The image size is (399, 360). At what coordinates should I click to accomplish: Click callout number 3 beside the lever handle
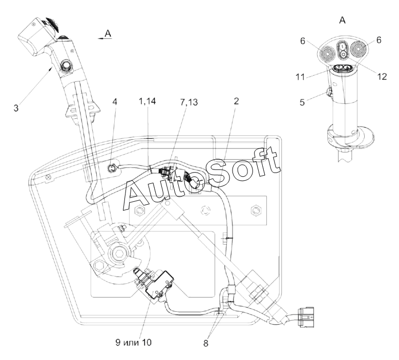pos(16,108)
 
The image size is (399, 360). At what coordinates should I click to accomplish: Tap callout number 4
pos(115,102)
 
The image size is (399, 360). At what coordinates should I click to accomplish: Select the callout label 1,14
pos(147,101)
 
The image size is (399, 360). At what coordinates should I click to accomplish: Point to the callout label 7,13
pos(188,102)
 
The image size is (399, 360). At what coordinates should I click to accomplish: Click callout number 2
pos(237,101)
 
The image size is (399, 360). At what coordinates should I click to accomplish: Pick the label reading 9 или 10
pos(133,342)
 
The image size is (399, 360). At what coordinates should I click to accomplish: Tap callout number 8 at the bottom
pos(206,343)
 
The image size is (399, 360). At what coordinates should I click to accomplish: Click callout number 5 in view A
pos(302,102)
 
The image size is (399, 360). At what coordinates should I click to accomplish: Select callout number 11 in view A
pos(300,77)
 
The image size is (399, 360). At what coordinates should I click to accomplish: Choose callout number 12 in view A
pos(382,77)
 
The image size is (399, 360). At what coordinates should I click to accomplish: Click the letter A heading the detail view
pos(342,20)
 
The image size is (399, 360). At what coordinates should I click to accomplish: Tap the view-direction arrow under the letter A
pos(105,38)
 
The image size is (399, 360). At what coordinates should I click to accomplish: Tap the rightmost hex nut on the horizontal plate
pos(255,210)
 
